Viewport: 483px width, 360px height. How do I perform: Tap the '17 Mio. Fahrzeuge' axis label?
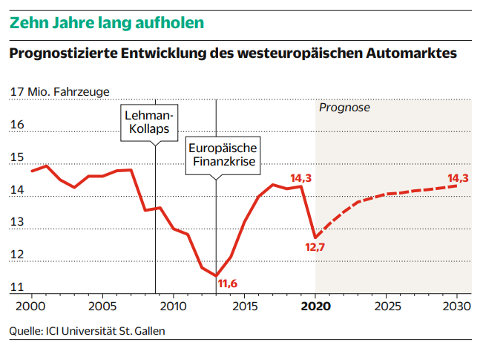59,92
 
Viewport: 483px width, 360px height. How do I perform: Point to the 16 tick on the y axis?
17,125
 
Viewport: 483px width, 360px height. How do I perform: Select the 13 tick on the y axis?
17,222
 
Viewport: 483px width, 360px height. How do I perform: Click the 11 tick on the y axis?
17,287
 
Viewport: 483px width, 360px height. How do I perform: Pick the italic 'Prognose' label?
344,108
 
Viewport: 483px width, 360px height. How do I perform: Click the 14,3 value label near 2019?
300,178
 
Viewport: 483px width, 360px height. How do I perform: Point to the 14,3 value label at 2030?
458,178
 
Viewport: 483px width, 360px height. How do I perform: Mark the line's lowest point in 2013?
216,275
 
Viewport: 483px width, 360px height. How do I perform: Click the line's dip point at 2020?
315,238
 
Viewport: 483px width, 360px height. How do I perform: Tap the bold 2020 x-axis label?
315,306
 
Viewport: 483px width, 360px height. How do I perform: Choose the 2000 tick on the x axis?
32,306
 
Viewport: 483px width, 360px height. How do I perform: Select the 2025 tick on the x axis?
386,306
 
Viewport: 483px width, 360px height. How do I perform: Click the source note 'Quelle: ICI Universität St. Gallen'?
88,331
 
